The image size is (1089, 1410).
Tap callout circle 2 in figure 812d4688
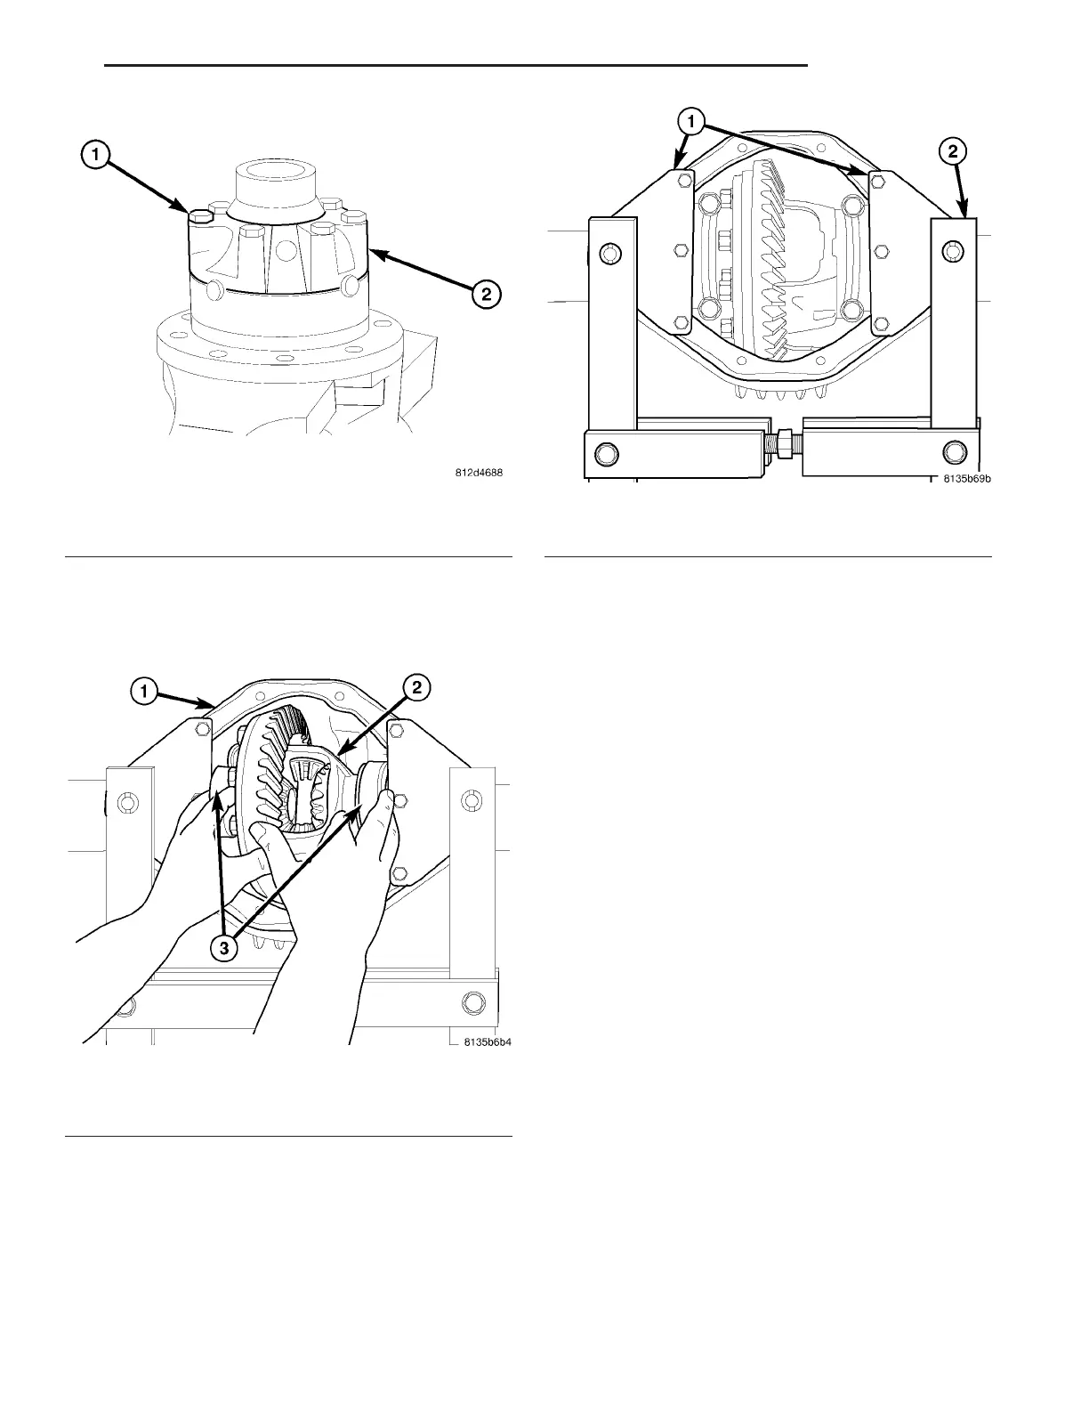tap(486, 294)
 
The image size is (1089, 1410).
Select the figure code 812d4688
tap(480, 474)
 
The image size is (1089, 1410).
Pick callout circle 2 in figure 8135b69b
tap(952, 152)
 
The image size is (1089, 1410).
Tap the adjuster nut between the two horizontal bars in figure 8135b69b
tap(785, 442)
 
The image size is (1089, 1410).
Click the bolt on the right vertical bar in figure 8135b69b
tap(953, 253)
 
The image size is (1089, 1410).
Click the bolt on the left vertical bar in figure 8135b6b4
tap(125, 804)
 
